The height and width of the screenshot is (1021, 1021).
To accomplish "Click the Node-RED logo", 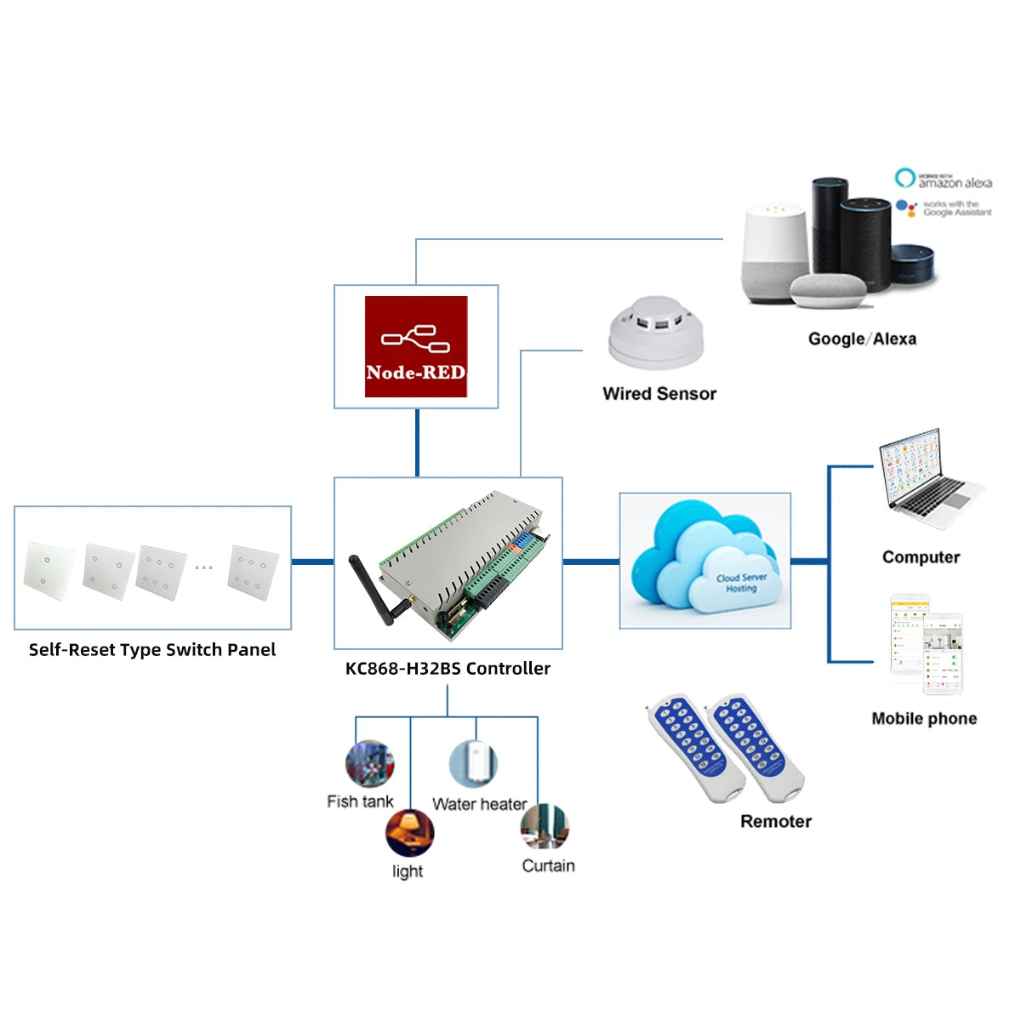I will [416, 346].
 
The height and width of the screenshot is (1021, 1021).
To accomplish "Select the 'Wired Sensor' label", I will [659, 394].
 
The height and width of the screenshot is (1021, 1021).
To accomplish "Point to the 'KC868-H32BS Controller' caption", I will [448, 669].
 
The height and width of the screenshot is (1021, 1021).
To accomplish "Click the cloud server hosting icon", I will [704, 560].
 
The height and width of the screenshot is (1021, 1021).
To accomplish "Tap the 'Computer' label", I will [921, 557].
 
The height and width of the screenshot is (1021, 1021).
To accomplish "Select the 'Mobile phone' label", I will [924, 719].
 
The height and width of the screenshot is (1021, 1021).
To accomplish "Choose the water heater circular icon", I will [473, 763].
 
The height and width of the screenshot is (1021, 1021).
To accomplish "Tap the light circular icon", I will [409, 833].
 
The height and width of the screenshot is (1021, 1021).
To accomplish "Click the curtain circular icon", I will [545, 826].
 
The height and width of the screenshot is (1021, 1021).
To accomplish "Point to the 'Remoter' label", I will [775, 822].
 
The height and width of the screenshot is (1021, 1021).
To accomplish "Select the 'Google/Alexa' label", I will [862, 339].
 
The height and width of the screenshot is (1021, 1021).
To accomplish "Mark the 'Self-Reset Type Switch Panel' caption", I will [152, 650].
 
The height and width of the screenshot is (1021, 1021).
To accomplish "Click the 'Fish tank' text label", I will [360, 801].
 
